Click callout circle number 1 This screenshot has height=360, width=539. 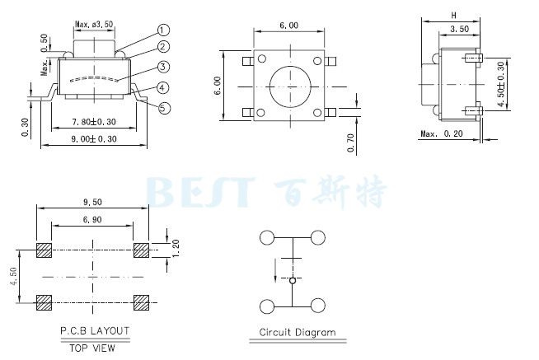coord(163,30)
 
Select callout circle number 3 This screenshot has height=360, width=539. coord(164,67)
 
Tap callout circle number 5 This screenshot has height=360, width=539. coord(164,108)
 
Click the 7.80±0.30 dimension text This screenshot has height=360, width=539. coord(93,122)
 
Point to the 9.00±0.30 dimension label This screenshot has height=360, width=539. coord(94,139)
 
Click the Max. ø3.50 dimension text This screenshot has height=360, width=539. coord(94,25)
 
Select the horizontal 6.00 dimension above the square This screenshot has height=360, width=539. coord(288,26)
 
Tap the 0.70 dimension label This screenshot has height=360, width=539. coord(350,143)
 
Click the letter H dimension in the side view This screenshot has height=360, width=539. coord(454,15)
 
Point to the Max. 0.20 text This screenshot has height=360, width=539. coord(442,133)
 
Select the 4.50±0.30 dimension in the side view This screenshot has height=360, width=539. coord(501,84)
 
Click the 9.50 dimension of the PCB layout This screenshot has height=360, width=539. coord(92,202)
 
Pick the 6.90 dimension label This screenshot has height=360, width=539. coord(92,219)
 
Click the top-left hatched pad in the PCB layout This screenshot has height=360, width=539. coord(44,250)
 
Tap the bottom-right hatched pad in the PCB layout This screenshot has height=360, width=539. coord(141,302)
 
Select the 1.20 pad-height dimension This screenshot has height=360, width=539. coord(176,248)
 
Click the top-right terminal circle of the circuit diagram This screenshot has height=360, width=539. coord(318,237)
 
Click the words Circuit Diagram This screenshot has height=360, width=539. coord(298,333)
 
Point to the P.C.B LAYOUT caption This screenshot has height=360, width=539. coord(95,331)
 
